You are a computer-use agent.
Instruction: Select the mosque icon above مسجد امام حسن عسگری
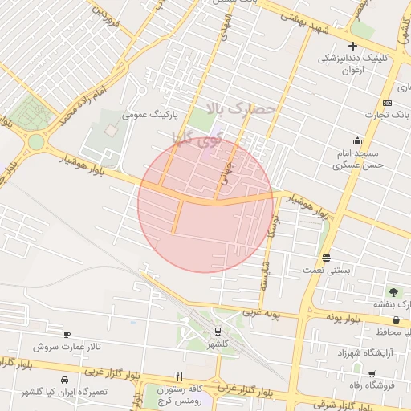(347, 141)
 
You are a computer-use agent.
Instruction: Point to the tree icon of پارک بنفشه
(393, 292)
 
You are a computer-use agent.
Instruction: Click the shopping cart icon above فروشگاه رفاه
(371, 373)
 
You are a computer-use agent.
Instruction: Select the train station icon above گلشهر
(218, 332)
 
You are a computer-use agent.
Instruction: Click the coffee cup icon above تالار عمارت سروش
(67, 335)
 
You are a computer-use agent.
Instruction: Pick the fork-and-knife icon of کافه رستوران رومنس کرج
(180, 376)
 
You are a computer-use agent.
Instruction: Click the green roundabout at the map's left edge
(35, 143)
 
